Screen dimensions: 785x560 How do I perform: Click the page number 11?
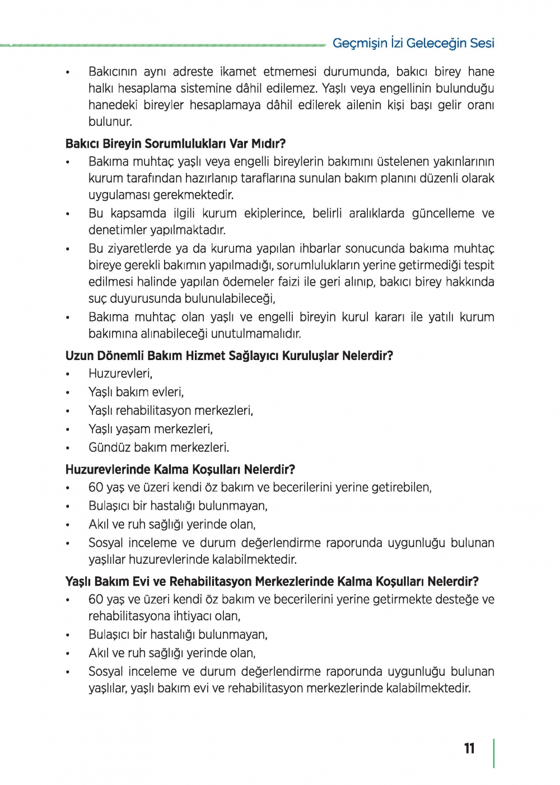469,749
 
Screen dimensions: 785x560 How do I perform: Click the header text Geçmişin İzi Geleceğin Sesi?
413,43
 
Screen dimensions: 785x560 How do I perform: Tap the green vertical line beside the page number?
494,753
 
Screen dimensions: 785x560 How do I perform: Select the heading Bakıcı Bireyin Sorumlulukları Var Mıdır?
175,143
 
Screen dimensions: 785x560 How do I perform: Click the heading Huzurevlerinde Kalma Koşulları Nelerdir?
180,469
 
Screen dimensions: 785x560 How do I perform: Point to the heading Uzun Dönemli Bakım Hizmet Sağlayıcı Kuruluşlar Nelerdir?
229,356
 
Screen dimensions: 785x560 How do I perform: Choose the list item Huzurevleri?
120,373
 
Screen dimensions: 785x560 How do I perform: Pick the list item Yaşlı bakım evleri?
136,392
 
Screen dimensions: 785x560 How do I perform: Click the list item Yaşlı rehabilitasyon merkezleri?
171,410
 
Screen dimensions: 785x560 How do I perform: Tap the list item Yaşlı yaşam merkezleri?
151,429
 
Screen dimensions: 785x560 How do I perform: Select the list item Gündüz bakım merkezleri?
158,447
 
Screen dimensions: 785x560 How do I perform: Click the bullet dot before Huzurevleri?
68,375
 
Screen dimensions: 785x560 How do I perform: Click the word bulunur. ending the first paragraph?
110,122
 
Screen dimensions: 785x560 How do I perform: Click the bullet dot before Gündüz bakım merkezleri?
68,448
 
